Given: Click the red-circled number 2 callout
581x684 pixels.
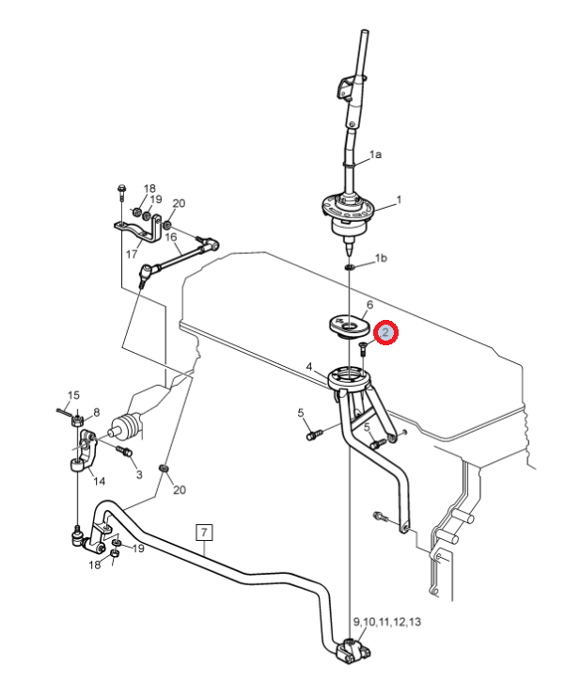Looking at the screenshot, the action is [385, 332].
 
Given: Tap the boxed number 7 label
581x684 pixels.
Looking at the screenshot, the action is [204, 533].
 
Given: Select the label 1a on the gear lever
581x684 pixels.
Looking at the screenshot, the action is [375, 154].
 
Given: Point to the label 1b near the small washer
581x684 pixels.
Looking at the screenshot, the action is [381, 258].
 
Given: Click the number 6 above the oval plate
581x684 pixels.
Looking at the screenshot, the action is [369, 305].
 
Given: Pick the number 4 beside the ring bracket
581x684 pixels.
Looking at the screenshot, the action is [309, 367].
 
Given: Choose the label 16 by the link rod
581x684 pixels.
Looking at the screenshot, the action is [171, 237].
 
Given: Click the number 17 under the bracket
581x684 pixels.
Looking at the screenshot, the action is [132, 254].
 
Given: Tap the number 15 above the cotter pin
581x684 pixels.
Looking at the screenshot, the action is [73, 395].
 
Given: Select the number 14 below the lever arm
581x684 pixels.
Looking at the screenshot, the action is [99, 481].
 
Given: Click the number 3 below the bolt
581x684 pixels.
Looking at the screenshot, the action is [139, 474].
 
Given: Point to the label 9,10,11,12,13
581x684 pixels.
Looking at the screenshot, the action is [387, 622].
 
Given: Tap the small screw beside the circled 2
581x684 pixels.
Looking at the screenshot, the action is [363, 348].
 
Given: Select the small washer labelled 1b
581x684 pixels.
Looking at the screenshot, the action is [349, 267].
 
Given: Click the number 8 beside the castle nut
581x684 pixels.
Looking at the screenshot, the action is [96, 412].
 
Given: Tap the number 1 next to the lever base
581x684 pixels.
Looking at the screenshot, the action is [399, 199].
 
